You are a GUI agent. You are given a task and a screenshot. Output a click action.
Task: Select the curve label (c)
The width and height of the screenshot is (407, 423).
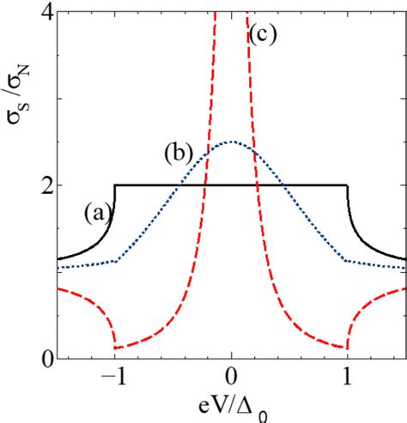(261, 34)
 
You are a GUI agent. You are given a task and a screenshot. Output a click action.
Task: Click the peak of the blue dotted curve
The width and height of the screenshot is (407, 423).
(231, 142)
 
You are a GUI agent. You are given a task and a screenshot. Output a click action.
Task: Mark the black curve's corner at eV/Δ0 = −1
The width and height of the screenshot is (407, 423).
(115, 184)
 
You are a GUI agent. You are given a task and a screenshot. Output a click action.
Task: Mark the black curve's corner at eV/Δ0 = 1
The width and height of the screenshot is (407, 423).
(347, 184)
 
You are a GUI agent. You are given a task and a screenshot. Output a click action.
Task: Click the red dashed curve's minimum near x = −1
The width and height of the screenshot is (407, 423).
(116, 348)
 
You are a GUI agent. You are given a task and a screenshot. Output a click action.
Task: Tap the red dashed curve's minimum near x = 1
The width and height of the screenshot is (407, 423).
(347, 348)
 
